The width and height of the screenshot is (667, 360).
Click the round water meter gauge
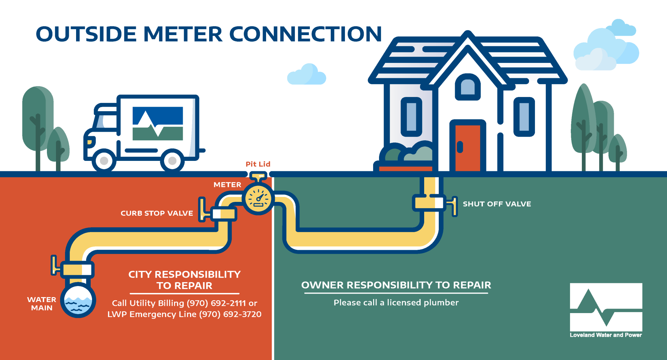pos(258,199)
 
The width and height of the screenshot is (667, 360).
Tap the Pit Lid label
pos(258,164)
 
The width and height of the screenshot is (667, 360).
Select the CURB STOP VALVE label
pos(157,213)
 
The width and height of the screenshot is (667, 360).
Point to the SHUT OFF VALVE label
pos(497,204)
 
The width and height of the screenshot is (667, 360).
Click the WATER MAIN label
pos(42,304)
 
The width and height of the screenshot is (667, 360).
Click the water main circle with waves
pos(78,301)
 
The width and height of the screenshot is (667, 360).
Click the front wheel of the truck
pos(104,161)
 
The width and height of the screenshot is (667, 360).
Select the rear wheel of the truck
pos(172,161)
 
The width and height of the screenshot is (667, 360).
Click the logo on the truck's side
pos(158,123)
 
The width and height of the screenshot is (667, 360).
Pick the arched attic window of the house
pos(468,87)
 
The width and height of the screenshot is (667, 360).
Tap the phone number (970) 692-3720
pos(230,314)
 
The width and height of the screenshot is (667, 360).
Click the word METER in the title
pos(183,34)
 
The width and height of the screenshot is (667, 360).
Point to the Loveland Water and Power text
pos(606,335)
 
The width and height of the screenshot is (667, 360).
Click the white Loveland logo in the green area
pos(606,307)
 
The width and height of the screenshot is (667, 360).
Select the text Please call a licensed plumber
pos(396,303)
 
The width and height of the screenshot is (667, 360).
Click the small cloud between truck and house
pos(307,75)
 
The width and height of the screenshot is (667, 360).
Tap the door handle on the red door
pos(460,147)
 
